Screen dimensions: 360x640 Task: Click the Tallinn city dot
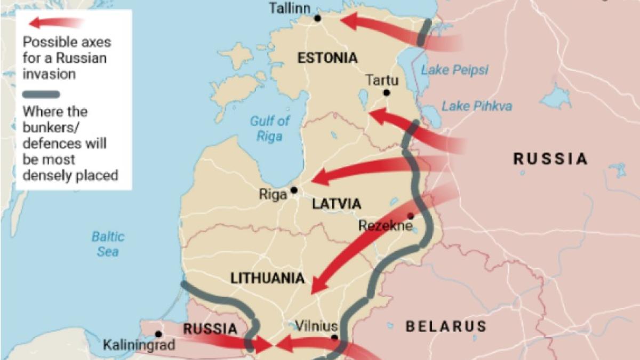click(x=317, y=18)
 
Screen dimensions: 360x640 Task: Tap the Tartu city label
click(x=381, y=80)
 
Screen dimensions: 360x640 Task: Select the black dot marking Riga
click(x=294, y=190)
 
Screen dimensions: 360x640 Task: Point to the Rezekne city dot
click(x=410, y=216)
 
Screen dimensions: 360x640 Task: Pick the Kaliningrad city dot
click(x=158, y=334)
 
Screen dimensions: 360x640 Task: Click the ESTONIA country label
click(x=327, y=58)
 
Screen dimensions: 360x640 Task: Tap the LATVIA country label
click(x=337, y=204)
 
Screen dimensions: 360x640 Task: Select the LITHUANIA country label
click(x=267, y=278)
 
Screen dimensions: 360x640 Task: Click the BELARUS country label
click(x=446, y=326)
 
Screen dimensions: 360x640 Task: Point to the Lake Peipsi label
click(x=454, y=70)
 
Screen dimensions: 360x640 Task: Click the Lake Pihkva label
click(x=476, y=106)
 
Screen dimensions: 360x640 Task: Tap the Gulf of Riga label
click(x=270, y=129)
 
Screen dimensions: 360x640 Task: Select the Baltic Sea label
click(x=108, y=244)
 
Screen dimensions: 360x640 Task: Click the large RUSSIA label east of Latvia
click(x=550, y=158)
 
